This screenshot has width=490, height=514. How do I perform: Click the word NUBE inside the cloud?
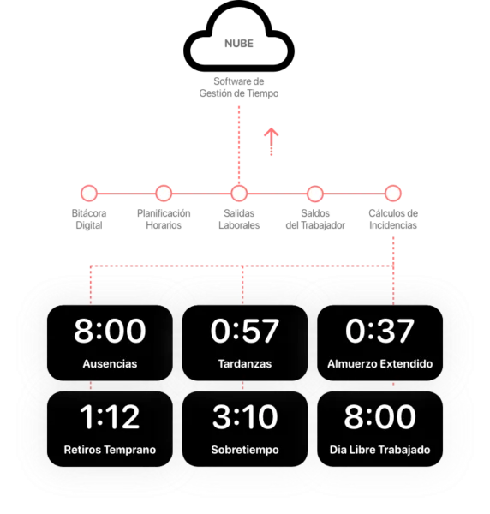pos(239,44)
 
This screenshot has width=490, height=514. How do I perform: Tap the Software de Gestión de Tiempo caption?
pos(239,87)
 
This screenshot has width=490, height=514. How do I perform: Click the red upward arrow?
pos(272,141)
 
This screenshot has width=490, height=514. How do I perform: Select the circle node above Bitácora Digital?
pos(89,193)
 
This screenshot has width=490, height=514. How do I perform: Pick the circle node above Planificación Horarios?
pos(164,193)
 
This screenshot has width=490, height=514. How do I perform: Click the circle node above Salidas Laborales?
pos(239,193)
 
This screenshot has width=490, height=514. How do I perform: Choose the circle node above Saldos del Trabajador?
pos(315,194)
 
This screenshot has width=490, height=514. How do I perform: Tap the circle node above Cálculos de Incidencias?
pos(393,193)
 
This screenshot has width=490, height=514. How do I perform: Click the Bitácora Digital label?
pos(89,219)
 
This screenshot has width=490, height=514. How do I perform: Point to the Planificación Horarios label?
pos(164,219)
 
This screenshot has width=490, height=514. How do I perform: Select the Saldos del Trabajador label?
pos(315,219)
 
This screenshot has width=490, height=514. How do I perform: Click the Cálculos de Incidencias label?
pos(393,219)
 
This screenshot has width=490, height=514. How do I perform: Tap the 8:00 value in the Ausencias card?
pos(110,331)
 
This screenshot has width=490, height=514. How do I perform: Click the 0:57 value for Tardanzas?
pos(245,331)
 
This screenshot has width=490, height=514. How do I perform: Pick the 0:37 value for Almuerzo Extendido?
pos(379,331)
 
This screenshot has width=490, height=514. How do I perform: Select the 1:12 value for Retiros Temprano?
pos(110,416)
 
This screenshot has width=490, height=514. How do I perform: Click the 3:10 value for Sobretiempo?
pos(245,416)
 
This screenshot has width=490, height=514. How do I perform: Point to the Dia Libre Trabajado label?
pos(379,450)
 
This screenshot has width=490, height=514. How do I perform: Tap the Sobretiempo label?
pos(245,450)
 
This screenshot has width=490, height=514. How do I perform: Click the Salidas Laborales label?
pos(239,219)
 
